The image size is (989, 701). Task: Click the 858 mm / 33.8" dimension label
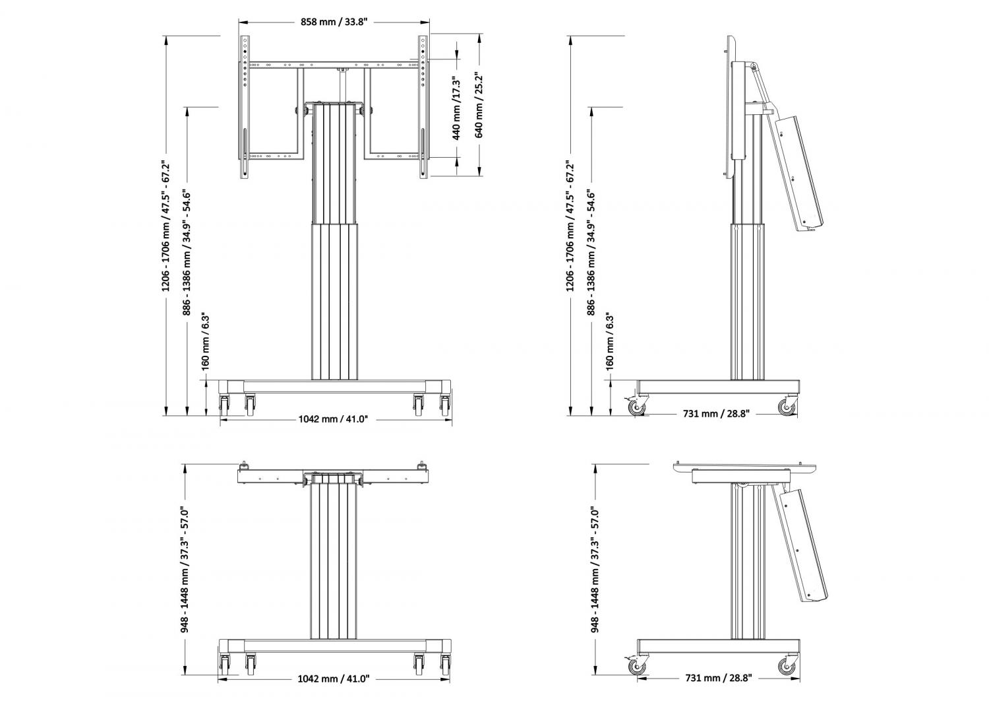click(x=334, y=22)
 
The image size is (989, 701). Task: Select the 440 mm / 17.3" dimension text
click(x=456, y=109)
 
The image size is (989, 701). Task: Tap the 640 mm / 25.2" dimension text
click(x=479, y=105)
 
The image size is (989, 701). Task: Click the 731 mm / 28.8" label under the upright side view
click(x=716, y=414)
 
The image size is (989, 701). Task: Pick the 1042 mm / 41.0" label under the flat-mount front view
click(x=334, y=679)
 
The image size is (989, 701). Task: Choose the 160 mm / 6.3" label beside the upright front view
click(x=205, y=342)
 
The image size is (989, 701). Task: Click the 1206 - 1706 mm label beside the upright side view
click(x=570, y=226)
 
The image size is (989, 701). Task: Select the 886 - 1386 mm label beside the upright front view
click(x=187, y=253)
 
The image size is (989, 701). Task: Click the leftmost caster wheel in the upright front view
click(x=224, y=405)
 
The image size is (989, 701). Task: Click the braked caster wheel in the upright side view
click(x=636, y=407)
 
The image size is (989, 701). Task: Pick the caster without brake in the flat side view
click(x=787, y=666)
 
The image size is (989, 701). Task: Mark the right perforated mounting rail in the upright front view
click(x=423, y=107)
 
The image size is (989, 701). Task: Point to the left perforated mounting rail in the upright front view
click(x=245, y=107)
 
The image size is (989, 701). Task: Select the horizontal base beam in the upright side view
click(x=719, y=387)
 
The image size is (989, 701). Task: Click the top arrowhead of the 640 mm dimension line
click(x=479, y=38)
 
